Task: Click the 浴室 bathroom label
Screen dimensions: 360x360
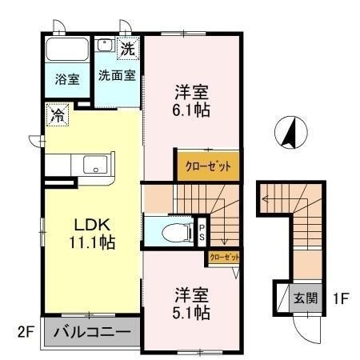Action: coord(67,80)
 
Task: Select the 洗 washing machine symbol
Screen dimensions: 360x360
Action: coord(128,48)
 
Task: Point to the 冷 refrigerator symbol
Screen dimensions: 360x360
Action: coord(57,115)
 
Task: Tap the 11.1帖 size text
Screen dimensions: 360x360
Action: coord(90,242)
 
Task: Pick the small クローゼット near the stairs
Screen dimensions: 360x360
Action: coord(223,258)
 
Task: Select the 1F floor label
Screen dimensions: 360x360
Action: coord(340,299)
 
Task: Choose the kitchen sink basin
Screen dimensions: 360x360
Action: coord(94,166)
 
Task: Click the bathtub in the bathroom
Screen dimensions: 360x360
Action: coord(66,49)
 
